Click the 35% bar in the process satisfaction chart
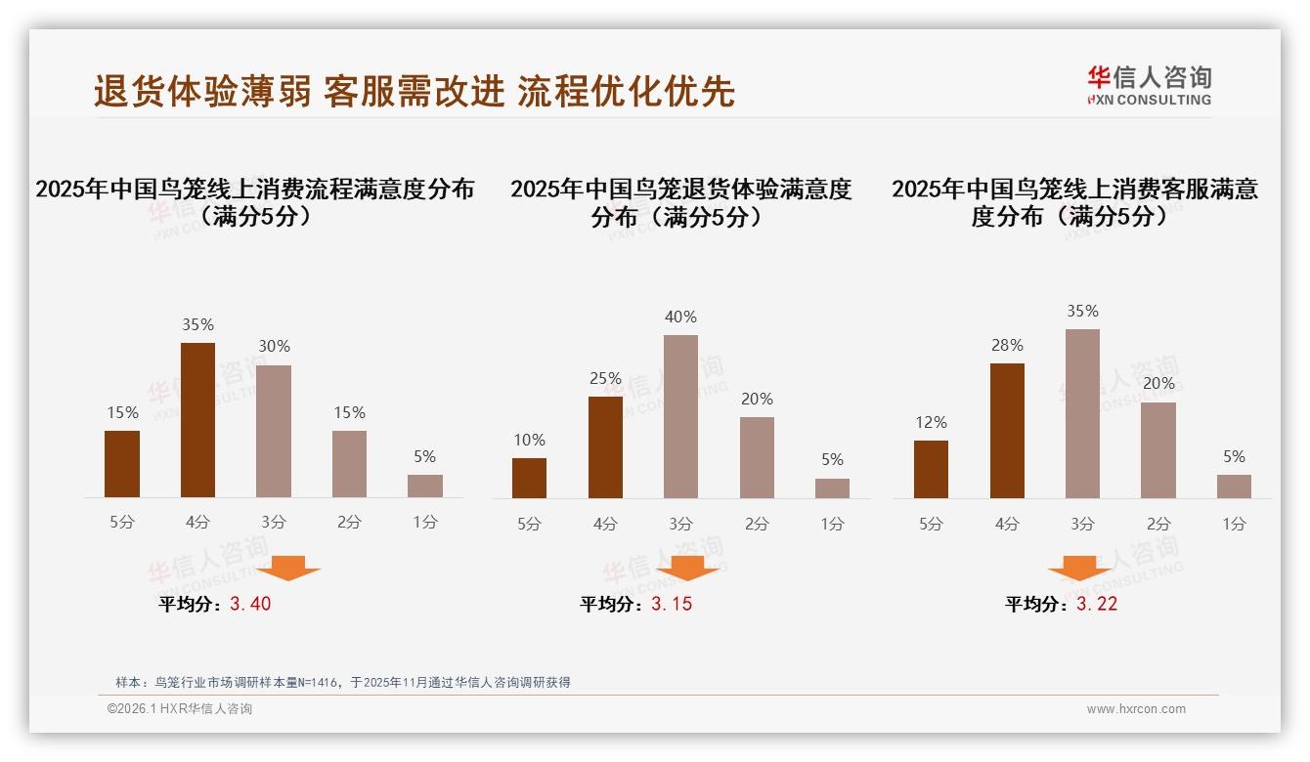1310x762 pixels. tap(198, 420)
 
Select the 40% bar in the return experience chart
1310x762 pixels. tap(680, 416)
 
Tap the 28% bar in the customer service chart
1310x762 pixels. tap(1007, 431)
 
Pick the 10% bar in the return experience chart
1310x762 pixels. tap(529, 478)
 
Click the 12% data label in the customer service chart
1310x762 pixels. tap(931, 422)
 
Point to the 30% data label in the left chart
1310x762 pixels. tap(274, 346)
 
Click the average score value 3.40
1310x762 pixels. tap(250, 604)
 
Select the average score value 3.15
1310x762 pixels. tap(672, 604)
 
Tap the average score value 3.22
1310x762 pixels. tap(1097, 604)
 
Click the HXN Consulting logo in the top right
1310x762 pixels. tap(1149, 86)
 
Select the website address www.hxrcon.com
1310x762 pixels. tap(1136, 709)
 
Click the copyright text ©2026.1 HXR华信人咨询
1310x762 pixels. tap(179, 709)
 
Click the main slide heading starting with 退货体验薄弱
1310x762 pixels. tap(414, 91)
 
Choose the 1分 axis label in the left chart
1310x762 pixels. tap(425, 523)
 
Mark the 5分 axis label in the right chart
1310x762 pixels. tap(931, 524)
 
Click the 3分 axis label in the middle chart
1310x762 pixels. tap(680, 524)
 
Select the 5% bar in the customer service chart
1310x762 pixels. tap(1234, 487)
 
